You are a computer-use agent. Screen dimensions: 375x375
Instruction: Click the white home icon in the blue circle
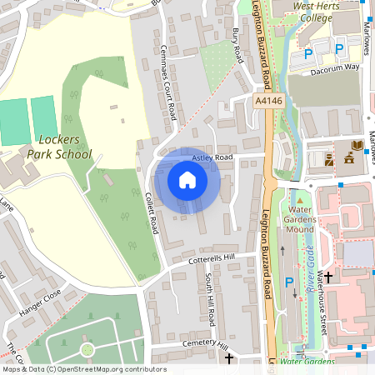[x=187, y=179]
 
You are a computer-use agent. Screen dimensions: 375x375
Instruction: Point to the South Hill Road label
[x=211, y=305]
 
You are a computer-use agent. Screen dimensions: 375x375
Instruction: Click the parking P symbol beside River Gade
[x=289, y=283]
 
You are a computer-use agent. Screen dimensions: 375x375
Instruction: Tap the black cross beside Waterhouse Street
[x=327, y=276]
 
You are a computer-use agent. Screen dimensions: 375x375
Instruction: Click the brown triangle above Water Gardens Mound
[x=299, y=199]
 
